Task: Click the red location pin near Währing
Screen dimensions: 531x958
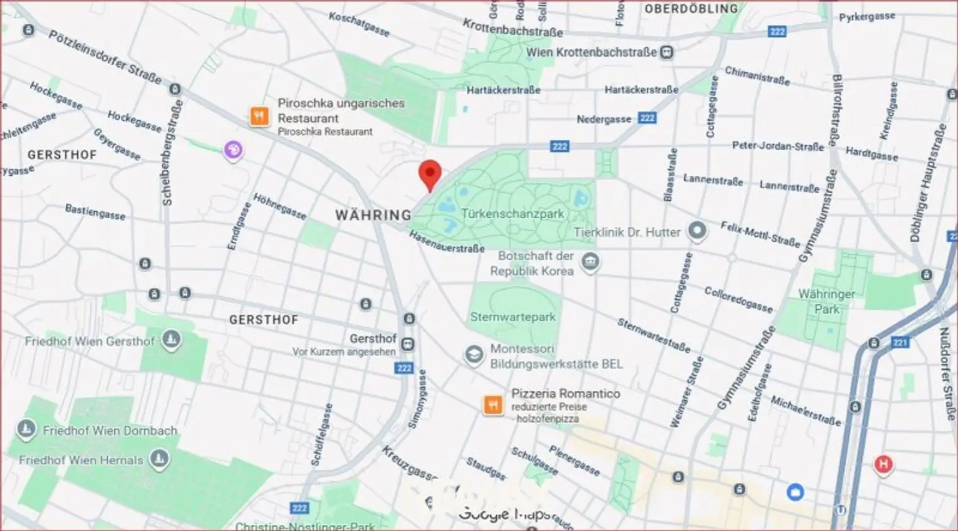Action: [430, 174]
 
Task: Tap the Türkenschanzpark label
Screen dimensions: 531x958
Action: [512, 214]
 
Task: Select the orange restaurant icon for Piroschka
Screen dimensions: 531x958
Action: [259, 116]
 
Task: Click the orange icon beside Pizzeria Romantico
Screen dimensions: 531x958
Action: [493, 405]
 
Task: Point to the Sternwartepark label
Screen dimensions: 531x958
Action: [513, 317]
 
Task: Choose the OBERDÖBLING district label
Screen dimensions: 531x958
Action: [690, 9]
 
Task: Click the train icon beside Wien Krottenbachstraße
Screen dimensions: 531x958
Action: [667, 52]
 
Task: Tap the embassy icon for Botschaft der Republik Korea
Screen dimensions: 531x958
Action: [590, 262]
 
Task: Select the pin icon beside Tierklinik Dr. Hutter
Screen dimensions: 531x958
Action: [697, 231]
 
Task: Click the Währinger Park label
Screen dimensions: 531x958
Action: [826, 301]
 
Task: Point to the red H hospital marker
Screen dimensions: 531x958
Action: [883, 464]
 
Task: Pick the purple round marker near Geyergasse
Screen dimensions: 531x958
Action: [233, 150]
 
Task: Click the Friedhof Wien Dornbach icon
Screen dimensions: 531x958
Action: [26, 429]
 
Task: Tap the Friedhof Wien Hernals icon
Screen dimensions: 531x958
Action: [159, 459]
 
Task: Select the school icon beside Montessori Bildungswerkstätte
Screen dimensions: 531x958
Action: [474, 355]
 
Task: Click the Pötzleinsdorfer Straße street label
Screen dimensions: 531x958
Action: [105, 57]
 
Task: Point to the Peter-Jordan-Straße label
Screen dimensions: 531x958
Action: [777, 146]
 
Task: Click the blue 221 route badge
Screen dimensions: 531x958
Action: [900, 342]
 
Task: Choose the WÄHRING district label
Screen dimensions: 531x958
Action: [373, 215]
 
